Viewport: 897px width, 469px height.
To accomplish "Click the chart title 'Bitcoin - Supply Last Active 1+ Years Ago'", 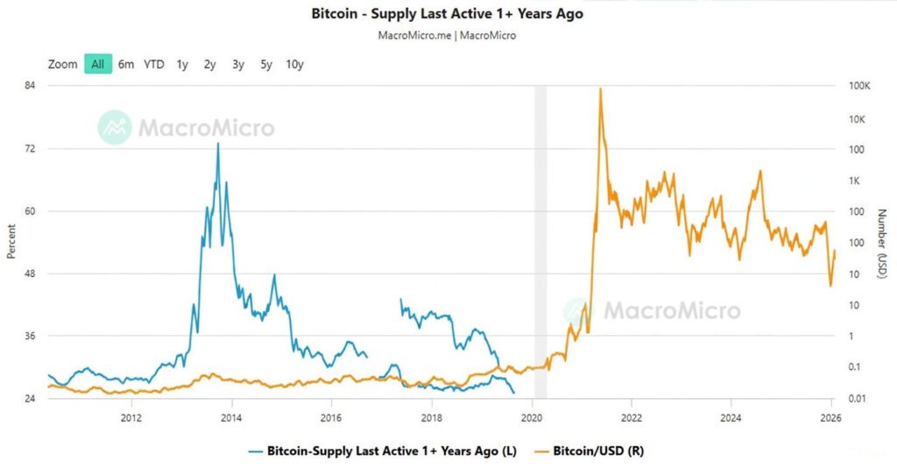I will (448, 14).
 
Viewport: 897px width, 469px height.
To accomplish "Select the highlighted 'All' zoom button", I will (98, 64).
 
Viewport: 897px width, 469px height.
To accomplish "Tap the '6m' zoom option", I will (126, 64).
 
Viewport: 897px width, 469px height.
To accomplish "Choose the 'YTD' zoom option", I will (154, 64).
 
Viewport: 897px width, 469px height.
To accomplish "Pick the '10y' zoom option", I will (294, 64).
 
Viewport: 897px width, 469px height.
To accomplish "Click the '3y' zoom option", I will (238, 64).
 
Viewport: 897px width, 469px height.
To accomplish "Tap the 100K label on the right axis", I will (859, 86).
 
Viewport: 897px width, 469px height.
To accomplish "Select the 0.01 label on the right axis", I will (859, 399).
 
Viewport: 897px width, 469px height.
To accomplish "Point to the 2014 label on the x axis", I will (232, 417).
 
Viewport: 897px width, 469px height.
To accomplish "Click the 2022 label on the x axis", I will (632, 417).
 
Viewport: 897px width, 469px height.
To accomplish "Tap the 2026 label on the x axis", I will (831, 417).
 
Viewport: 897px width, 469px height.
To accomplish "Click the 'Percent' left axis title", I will (11, 242).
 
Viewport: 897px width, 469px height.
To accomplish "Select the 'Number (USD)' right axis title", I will (883, 244).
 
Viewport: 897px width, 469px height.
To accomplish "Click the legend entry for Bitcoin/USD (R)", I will (596, 450).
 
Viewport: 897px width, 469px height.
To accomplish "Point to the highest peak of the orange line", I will (600, 89).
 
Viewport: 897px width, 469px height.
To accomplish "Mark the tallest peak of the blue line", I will (218, 143).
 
